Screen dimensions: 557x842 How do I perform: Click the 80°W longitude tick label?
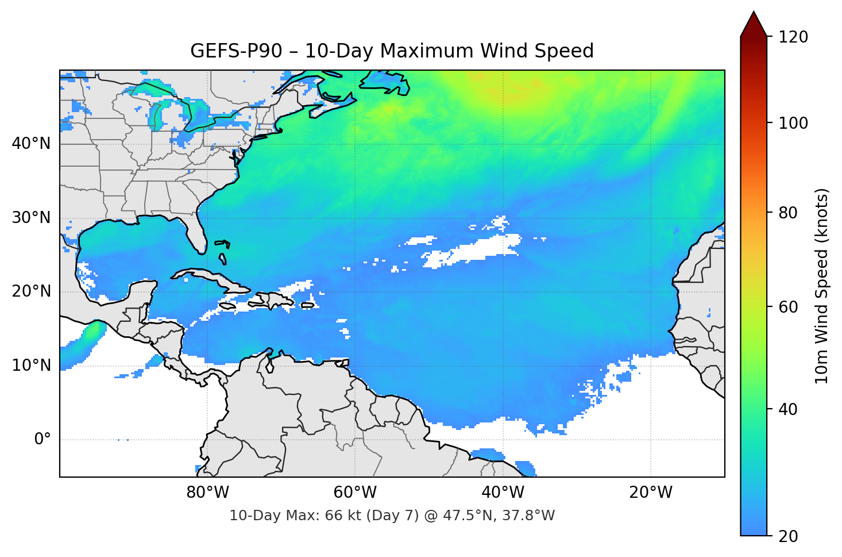coord(207,493)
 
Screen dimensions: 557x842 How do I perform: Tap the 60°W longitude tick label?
coord(355,493)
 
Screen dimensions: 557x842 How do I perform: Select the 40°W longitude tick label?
coord(503,493)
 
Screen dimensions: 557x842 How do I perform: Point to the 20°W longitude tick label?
coord(650,493)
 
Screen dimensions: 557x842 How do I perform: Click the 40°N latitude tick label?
coord(31,143)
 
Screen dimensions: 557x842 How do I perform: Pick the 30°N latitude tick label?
coord(31,218)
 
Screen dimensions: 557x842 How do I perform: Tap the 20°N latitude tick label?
coord(31,291)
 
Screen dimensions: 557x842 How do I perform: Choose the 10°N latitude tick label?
coord(31,366)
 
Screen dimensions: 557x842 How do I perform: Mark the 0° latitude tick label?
coord(43,440)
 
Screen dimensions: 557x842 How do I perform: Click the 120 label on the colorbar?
coord(793,37)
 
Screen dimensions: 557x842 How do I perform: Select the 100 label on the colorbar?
coord(793,123)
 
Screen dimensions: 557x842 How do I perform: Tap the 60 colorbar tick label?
coord(788,307)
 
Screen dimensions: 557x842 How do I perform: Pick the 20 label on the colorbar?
coord(788,536)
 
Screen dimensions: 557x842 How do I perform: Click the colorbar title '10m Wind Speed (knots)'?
coord(822,286)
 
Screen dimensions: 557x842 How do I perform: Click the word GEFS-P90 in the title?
coord(236,51)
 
